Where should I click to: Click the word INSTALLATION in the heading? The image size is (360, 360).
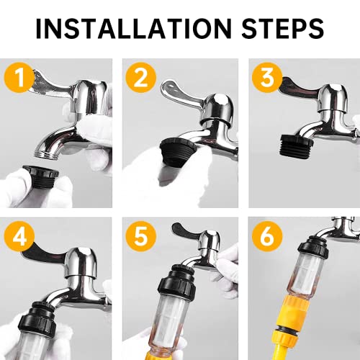(134, 28)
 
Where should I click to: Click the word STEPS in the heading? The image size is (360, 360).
(283, 28)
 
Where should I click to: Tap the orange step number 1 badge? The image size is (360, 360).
(19, 78)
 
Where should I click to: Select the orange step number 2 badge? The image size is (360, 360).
(141, 78)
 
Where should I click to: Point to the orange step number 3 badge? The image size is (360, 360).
(267, 78)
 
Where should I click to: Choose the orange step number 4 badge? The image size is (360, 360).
(19, 236)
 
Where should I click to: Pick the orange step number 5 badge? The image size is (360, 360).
(141, 236)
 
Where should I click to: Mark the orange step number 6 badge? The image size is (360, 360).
(267, 236)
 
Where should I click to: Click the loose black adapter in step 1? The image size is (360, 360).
(41, 176)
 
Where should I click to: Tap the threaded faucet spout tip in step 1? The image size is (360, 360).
(46, 153)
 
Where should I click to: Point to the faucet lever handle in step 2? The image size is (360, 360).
(181, 91)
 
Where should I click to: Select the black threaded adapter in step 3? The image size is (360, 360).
(297, 145)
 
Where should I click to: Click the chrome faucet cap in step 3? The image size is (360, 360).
(333, 98)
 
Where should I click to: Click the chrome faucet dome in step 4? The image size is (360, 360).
(81, 263)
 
